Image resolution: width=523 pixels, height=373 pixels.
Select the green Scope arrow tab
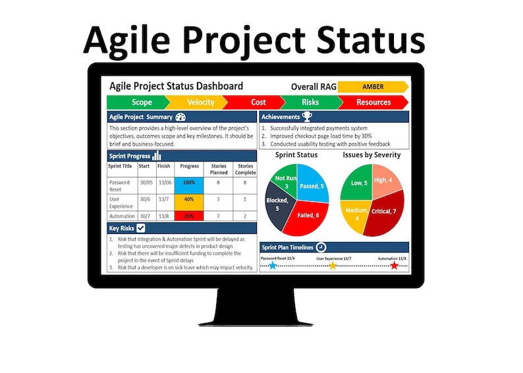pos(138,102)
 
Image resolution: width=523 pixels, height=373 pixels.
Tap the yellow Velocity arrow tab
pos(198,102)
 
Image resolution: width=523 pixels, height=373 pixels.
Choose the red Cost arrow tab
pos(257,102)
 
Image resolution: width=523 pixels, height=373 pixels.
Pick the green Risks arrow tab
pos(310,102)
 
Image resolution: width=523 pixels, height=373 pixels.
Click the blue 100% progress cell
pos(189,182)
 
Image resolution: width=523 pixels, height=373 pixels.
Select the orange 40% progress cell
pos(189,199)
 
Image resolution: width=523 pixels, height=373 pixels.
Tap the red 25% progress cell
pos(189,215)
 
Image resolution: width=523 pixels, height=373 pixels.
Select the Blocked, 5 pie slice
pos(278,204)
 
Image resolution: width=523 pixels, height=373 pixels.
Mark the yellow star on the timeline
pos(333,266)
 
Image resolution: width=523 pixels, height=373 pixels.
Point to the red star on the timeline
pos(394,266)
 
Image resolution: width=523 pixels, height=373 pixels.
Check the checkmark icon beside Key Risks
pos(141,228)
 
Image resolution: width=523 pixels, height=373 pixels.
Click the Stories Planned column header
pos(218,169)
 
